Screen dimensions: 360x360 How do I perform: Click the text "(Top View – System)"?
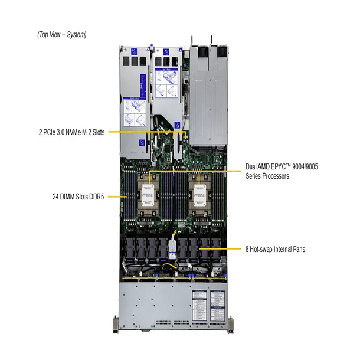coord(62,35)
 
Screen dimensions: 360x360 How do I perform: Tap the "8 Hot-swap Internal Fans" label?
coord(276,250)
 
